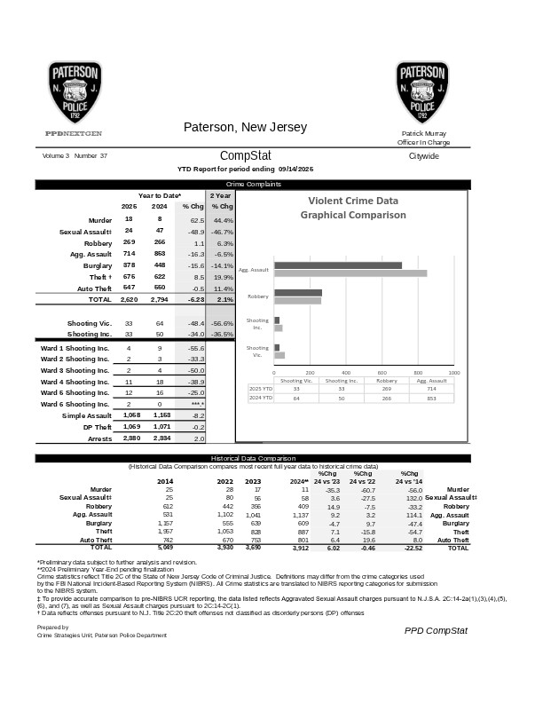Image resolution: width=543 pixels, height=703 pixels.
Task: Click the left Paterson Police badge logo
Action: coord(75,92)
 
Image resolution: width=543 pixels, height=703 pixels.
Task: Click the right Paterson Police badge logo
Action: coord(421,92)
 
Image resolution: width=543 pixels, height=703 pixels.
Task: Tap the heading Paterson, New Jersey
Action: coord(245,128)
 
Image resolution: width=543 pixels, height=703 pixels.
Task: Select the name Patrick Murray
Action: coord(423,133)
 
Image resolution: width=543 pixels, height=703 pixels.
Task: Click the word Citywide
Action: coord(423,155)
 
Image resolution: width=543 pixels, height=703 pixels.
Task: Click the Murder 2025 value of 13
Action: coord(129,218)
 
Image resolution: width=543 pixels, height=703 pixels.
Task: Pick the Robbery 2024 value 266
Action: coord(160,242)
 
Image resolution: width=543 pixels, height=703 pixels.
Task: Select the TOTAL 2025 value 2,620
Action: coord(129,300)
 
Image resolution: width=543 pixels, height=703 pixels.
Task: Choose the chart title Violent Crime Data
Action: coord(352,201)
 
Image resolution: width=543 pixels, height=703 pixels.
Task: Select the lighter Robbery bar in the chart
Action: coord(298,301)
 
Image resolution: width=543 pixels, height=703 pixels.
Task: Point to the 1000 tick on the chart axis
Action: coord(453,374)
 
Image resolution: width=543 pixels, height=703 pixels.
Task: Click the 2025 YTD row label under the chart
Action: coord(261,389)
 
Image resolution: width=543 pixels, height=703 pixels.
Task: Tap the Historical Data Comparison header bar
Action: coord(270,458)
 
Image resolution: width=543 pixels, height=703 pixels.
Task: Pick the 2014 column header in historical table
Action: coord(166,480)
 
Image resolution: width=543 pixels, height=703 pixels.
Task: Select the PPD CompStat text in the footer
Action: coord(435,630)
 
